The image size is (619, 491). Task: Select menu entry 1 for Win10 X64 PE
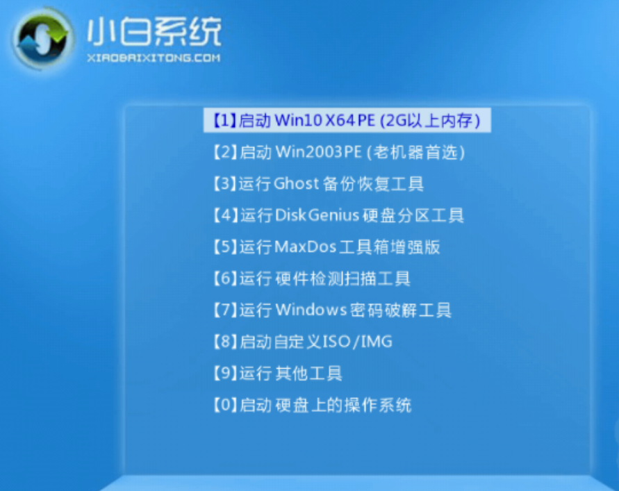point(347,120)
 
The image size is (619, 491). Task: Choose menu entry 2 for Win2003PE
point(340,152)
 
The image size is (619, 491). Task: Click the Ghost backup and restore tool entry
point(319,183)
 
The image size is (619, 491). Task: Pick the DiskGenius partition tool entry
point(339,215)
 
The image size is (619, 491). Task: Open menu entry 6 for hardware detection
point(312,278)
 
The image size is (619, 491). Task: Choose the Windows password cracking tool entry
point(332,310)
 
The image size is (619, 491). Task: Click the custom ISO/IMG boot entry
point(303,342)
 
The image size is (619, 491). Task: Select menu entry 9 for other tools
point(278,373)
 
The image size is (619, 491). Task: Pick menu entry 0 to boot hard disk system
point(313,405)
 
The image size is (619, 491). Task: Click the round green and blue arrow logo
point(42,39)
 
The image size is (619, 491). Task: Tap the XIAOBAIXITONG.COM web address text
point(154,58)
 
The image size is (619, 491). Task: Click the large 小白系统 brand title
point(154,31)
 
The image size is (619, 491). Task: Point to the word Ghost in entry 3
point(296,183)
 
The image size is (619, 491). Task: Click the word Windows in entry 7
point(311,310)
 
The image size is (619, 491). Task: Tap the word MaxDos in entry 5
point(305,247)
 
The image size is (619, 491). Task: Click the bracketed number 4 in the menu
point(226,215)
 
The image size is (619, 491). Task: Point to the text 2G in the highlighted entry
point(396,120)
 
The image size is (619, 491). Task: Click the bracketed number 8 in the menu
point(226,342)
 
